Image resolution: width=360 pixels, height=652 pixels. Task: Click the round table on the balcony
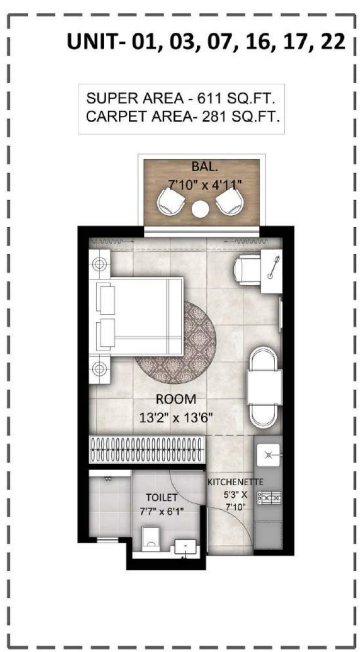[200, 208]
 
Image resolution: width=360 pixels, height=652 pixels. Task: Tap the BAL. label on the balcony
[202, 166]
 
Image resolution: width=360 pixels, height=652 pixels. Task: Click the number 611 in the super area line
[209, 99]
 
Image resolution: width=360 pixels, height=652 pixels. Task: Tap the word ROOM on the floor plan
[176, 399]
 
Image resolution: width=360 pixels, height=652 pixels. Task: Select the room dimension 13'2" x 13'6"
[176, 417]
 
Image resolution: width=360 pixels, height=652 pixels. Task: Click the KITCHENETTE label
[235, 482]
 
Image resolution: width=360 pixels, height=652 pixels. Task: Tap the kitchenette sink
[268, 454]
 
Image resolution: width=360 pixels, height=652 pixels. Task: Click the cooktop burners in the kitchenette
[269, 496]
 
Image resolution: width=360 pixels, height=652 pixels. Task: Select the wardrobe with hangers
[148, 450]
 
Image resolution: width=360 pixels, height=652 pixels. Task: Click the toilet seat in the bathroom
[150, 540]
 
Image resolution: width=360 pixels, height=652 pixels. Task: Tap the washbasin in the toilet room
[185, 546]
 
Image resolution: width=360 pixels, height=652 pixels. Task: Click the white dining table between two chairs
[265, 387]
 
